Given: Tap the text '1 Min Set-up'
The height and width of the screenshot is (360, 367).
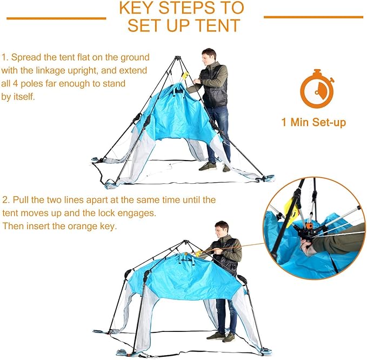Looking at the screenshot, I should click(313, 123).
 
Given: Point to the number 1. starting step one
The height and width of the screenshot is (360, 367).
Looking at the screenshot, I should click(5, 57).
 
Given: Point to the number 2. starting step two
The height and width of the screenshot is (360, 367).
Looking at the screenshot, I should click(6, 200).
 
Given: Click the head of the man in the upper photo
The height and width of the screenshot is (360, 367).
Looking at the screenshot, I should click(209, 56).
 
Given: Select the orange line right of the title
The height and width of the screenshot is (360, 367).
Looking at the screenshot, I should click(313, 17).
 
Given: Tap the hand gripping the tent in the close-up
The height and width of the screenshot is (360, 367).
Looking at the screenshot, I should click(309, 248).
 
